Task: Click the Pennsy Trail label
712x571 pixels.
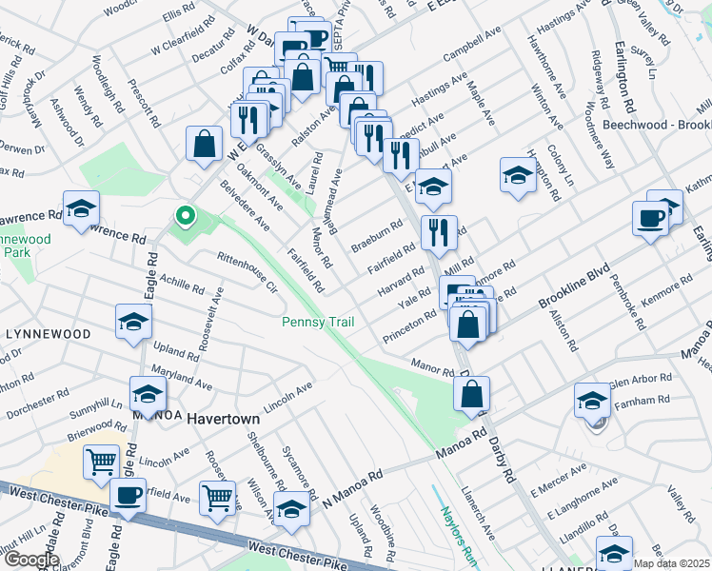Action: coord(318,323)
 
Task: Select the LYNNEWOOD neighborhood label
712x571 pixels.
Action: coord(48,334)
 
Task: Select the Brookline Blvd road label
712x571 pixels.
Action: coord(572,286)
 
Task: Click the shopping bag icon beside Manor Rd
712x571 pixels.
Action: coord(471,392)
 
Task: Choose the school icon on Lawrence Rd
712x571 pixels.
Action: coord(82,207)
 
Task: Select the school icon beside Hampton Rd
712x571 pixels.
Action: coord(518,173)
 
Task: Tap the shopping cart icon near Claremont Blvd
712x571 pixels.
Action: coord(102,462)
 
